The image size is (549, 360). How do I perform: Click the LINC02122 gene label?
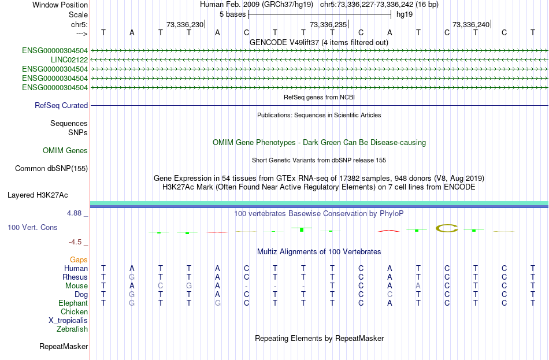(69, 60)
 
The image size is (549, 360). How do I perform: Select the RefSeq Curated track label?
(61, 105)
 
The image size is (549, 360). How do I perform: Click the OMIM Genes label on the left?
(65, 151)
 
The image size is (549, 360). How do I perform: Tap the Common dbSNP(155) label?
(51, 169)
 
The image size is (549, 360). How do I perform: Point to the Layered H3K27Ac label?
(38, 195)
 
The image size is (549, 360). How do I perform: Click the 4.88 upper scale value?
(74, 213)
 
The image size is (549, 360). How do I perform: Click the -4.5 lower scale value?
(75, 242)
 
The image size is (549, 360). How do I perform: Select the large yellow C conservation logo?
(447, 228)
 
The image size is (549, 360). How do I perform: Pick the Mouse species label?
(76, 286)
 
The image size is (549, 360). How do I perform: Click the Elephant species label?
(73, 303)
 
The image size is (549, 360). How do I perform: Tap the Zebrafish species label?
(72, 329)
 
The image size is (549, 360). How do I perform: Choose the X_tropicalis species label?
(68, 321)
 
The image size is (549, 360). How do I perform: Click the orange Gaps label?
(79, 260)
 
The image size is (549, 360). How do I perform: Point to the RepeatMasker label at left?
(64, 346)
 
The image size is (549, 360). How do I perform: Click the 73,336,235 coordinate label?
(328, 24)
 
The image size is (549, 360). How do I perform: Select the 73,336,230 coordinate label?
(185, 24)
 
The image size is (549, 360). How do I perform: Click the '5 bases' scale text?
(232, 14)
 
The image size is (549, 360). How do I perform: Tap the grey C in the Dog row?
(390, 295)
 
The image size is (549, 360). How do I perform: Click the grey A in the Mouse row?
(418, 286)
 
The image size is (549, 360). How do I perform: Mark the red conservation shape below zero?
(389, 231)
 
